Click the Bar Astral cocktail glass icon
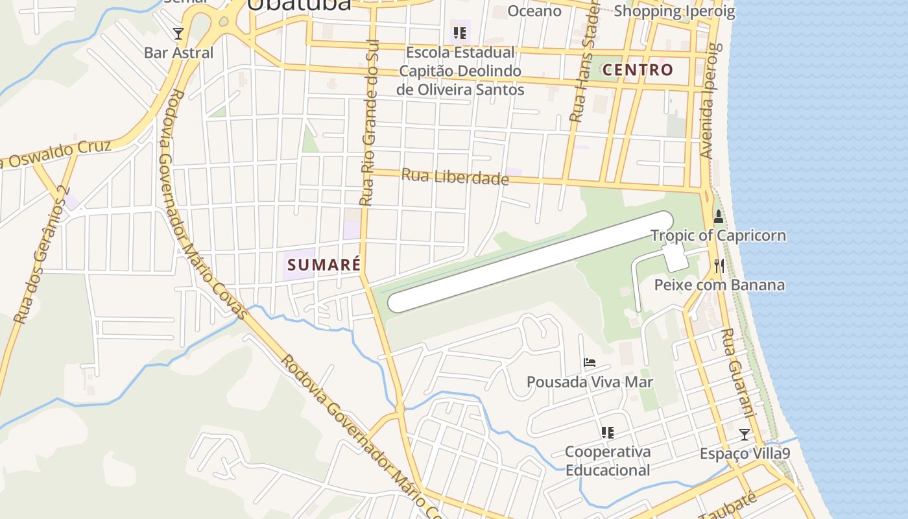[x=178, y=33]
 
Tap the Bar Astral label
[x=178, y=53]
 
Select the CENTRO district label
[x=638, y=69]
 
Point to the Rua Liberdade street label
[x=455, y=176]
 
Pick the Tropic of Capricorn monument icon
[x=718, y=217]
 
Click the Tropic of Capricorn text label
[x=718, y=235]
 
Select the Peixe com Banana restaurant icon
[x=719, y=265]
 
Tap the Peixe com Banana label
[x=719, y=285]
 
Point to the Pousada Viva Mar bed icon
[x=590, y=363]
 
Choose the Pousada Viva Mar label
[x=590, y=381]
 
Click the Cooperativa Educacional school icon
[x=607, y=432]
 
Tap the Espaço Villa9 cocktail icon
[x=745, y=434]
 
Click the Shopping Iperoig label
[x=675, y=11]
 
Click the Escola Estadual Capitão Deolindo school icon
[x=460, y=33]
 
